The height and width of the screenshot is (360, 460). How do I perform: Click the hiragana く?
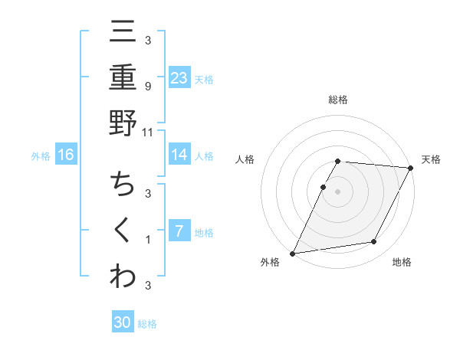(x=123, y=231)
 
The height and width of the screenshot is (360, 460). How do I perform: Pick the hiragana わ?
(x=123, y=276)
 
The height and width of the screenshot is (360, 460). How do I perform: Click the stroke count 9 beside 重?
(x=148, y=86)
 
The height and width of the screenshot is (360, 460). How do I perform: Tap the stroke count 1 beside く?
(x=148, y=240)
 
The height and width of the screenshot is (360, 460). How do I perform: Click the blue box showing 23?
(x=179, y=77)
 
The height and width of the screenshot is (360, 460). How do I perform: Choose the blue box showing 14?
(x=179, y=155)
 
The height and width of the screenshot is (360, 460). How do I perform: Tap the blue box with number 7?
(x=179, y=231)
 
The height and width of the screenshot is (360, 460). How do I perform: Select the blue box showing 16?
(x=66, y=155)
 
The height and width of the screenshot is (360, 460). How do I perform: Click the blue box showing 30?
(x=123, y=322)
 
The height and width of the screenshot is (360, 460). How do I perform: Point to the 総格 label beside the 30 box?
(x=147, y=325)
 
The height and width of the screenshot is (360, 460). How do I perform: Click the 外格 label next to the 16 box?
(x=41, y=156)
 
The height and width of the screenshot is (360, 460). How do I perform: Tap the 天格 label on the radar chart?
(x=431, y=159)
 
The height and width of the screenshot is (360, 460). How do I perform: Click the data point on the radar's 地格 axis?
(x=374, y=242)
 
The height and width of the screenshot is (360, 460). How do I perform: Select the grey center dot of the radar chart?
(x=337, y=191)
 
